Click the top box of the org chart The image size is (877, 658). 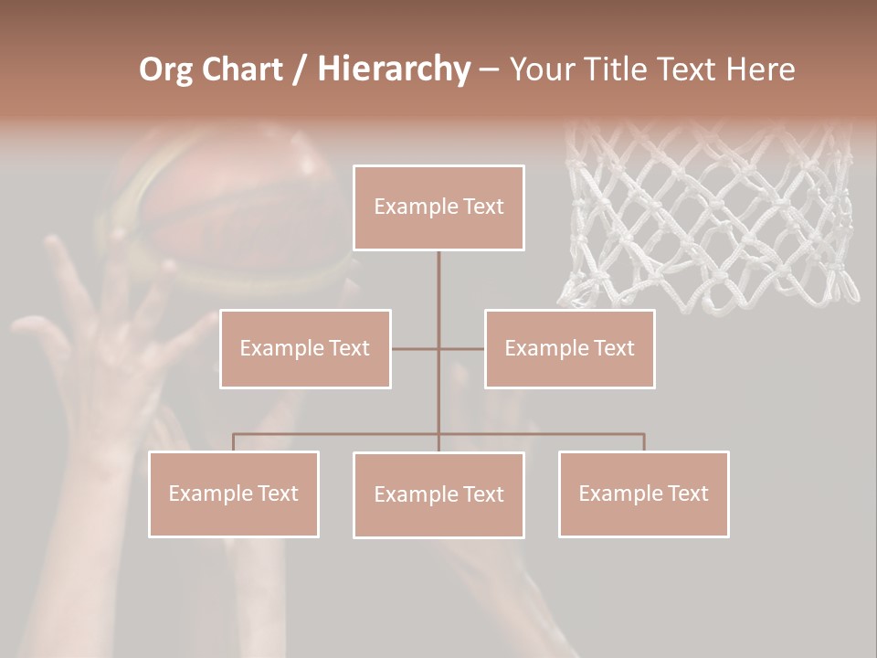pyautogui.click(x=438, y=207)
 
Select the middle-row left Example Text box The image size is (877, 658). pyautogui.click(x=305, y=348)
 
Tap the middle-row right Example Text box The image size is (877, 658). pyautogui.click(x=569, y=348)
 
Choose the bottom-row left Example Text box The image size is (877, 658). pyautogui.click(x=234, y=493)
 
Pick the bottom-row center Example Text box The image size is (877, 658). pyautogui.click(x=438, y=494)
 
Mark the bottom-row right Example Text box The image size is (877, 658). pyautogui.click(x=643, y=493)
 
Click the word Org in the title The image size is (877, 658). pyautogui.click(x=165, y=69)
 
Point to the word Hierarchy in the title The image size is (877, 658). pyautogui.click(x=393, y=69)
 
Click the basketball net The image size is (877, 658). pyautogui.click(x=708, y=219)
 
